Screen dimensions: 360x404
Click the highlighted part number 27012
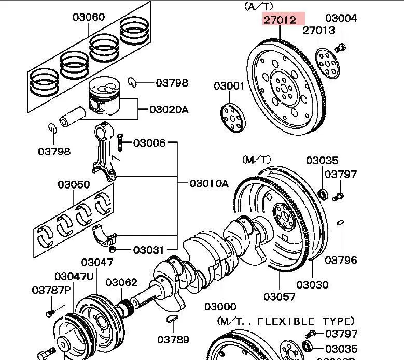pos(280,20)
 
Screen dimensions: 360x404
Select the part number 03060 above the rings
pos(88,17)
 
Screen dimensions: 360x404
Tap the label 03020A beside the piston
pos(169,109)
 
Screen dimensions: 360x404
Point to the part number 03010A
pos(208,183)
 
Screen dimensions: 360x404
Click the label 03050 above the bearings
pos(73,184)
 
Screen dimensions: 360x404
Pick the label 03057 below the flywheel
pos(279,297)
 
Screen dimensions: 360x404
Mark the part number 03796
pos(341,260)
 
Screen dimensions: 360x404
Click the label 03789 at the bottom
pos(173,340)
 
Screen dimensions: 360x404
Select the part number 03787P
pos(51,290)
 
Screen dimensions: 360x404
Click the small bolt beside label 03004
pos(340,48)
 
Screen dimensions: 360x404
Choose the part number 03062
pos(121,282)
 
